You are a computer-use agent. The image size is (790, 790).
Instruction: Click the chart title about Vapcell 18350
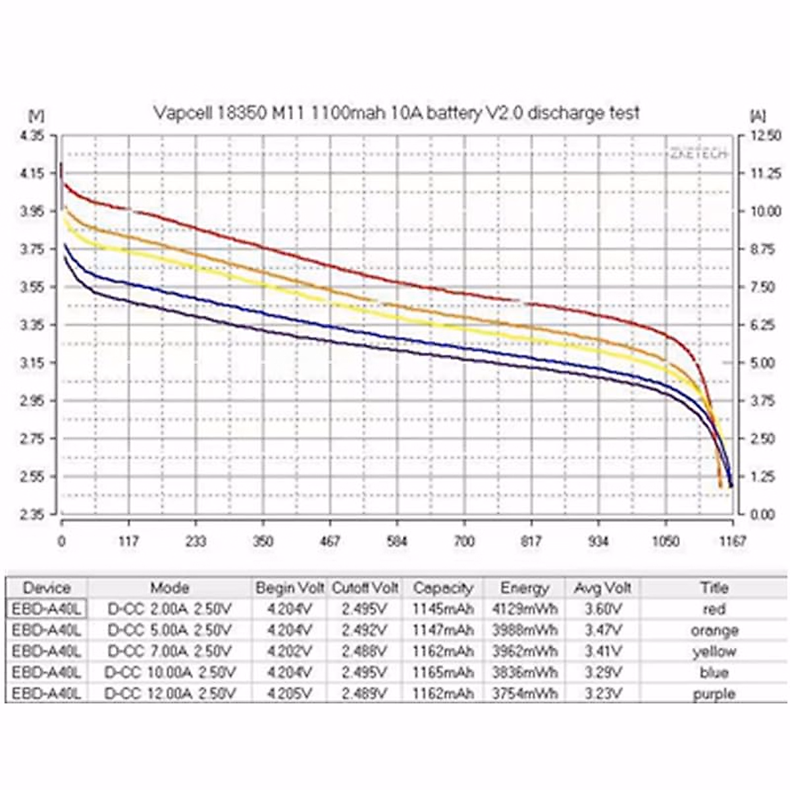[396, 113]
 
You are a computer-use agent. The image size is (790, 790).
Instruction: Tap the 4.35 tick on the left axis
[32, 136]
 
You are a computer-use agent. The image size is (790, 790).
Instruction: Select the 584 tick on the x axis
[397, 541]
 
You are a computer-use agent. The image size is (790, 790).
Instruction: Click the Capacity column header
[443, 588]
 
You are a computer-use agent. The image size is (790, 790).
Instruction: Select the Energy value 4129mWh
[525, 609]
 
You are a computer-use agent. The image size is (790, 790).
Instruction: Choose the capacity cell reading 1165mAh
[443, 672]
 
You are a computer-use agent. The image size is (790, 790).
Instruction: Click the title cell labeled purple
[714, 694]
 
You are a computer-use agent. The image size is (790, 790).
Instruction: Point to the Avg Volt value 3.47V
[603, 630]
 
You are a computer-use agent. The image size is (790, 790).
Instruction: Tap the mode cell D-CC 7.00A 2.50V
[169, 651]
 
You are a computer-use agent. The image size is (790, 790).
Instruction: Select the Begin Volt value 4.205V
[290, 694]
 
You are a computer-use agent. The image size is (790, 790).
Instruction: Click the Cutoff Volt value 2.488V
[365, 651]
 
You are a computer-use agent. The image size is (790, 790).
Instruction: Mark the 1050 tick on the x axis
[666, 541]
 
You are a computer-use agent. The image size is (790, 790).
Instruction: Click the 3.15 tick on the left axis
[32, 363]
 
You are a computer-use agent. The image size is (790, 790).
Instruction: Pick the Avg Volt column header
[603, 588]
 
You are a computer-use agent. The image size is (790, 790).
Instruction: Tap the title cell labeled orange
[714, 631]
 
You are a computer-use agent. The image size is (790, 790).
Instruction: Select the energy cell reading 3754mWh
[525, 694]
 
